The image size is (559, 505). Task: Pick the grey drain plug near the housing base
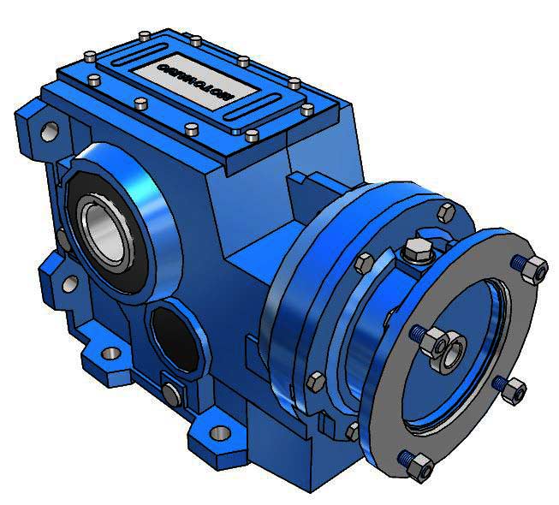pos(172,393)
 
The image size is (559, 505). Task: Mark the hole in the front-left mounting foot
pos(110,353)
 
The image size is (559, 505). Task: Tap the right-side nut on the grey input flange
pos(513,392)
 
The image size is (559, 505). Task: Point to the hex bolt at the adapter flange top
pos(446,211)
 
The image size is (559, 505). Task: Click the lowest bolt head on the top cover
pos(252,135)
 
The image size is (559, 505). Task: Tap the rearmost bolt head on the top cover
pos(145,34)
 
